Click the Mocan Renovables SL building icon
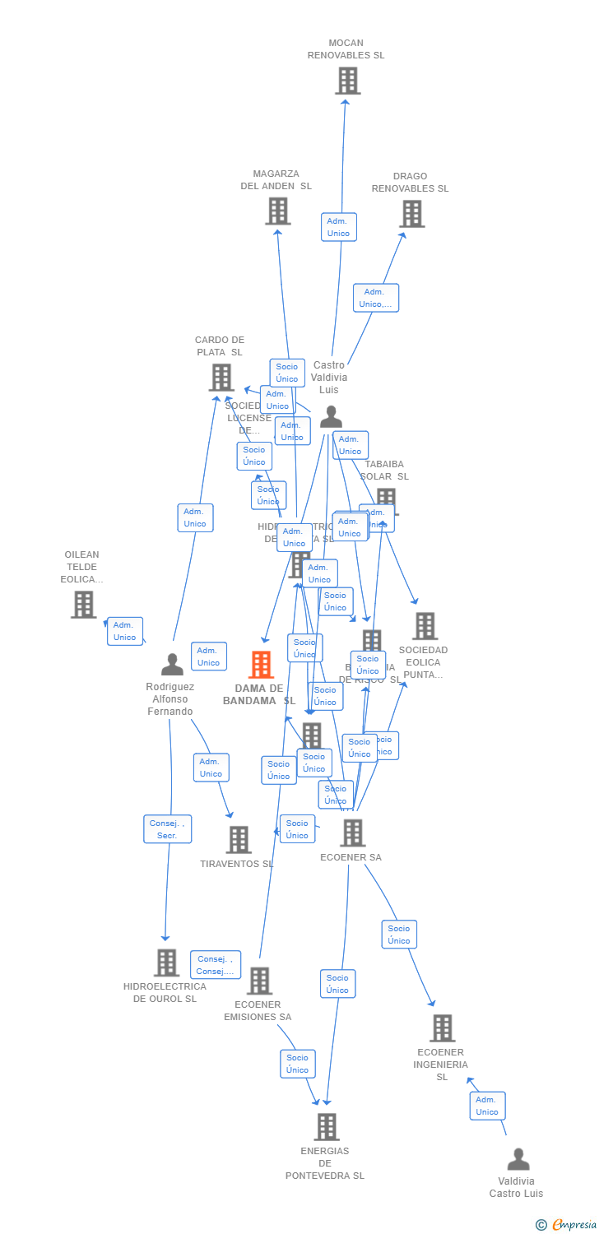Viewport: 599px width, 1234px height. [x=347, y=81]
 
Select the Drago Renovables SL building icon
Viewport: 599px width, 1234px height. [x=411, y=214]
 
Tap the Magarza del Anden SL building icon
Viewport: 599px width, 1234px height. [x=277, y=211]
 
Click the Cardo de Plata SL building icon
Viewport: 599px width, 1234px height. [x=221, y=378]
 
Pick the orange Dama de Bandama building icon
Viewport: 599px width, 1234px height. [x=261, y=665]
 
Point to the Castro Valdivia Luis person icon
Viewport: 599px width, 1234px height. [x=331, y=417]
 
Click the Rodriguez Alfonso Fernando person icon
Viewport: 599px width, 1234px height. [x=172, y=664]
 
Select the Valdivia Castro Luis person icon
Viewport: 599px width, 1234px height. [x=518, y=1159]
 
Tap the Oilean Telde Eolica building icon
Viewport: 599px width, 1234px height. [x=83, y=605]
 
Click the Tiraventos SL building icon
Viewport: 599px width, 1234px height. [x=239, y=840]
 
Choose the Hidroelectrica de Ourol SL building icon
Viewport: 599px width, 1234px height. [x=166, y=963]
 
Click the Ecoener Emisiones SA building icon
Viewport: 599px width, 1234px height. [x=259, y=981]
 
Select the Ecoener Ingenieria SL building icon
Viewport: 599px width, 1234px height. [x=442, y=1028]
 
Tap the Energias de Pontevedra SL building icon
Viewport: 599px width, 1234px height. [x=326, y=1127]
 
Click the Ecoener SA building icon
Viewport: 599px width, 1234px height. [x=352, y=833]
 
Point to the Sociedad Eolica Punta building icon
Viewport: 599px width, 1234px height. [x=425, y=626]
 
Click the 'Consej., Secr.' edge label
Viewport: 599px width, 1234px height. [x=167, y=829]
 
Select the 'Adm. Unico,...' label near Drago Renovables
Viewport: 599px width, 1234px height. [x=376, y=298]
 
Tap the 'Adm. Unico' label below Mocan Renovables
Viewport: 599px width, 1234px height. [x=338, y=227]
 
